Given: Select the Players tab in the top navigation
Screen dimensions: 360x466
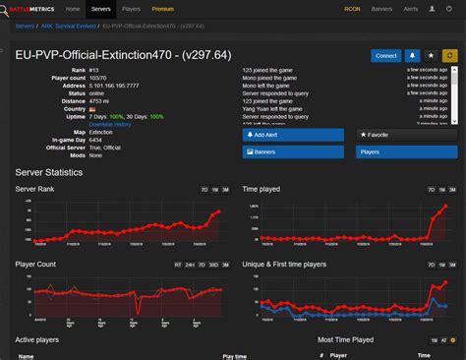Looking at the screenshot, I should click(131, 9).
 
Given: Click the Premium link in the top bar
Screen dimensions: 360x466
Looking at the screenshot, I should click(162, 9).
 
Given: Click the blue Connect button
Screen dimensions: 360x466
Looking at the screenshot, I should click(385, 56).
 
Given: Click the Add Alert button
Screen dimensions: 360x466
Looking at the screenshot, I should click(293, 134).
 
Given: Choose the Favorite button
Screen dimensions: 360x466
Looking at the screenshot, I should click(405, 134).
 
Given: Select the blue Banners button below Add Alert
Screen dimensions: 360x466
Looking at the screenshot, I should click(293, 152).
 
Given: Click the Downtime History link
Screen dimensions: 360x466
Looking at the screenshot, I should click(110, 125).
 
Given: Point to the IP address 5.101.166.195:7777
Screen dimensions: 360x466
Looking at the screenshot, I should click(113, 86).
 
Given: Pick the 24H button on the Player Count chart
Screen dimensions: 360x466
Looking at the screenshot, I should click(190, 265).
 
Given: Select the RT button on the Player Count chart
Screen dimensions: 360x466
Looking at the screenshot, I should click(178, 265).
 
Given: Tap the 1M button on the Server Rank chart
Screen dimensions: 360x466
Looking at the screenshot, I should click(213, 189).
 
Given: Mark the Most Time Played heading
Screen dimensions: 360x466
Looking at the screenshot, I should click(345, 339).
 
